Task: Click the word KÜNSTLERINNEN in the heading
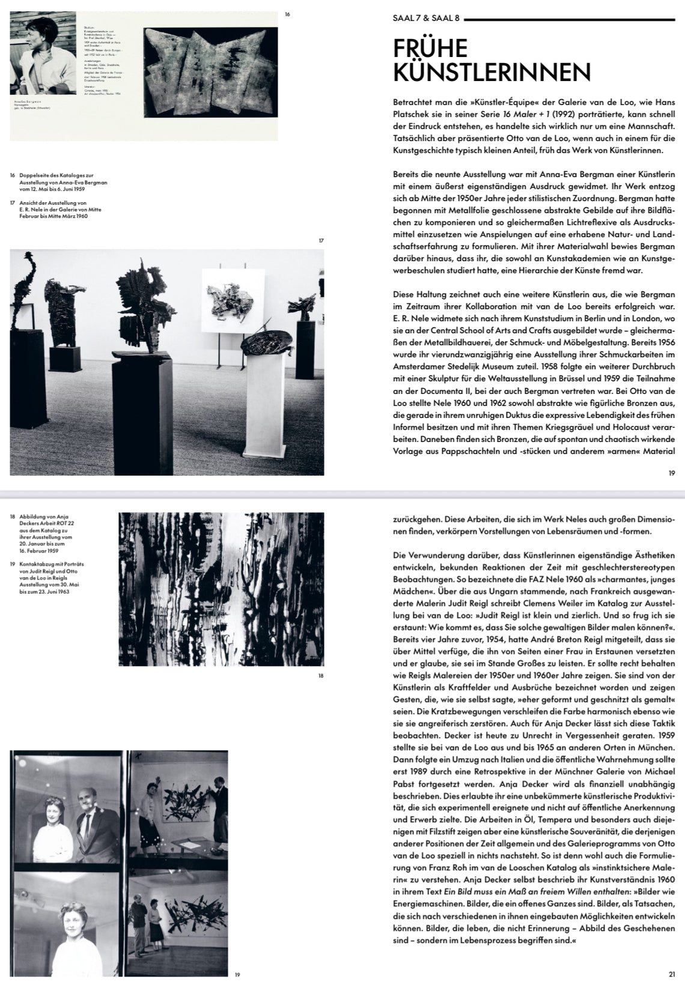(x=492, y=71)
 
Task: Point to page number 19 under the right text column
(x=671, y=473)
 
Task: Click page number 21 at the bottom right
(x=671, y=974)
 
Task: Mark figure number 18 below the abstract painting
(x=321, y=676)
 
